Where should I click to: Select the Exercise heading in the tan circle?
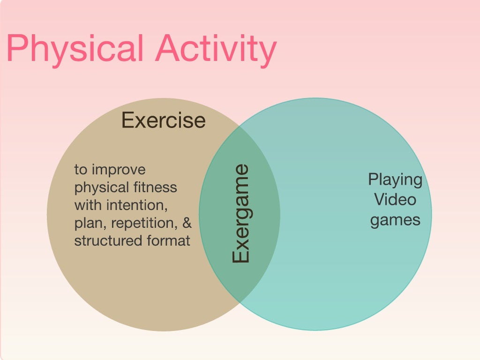tap(164, 120)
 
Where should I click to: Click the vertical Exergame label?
tap(241, 214)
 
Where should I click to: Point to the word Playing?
tap(395, 180)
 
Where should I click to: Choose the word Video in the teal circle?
tap(395, 200)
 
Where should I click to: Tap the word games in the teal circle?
tap(395, 219)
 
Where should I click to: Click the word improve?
tap(120, 170)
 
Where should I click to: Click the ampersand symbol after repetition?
tap(187, 223)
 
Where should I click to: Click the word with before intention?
tap(89, 205)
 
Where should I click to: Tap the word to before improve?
tap(81, 170)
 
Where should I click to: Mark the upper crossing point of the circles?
tap(239, 127)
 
